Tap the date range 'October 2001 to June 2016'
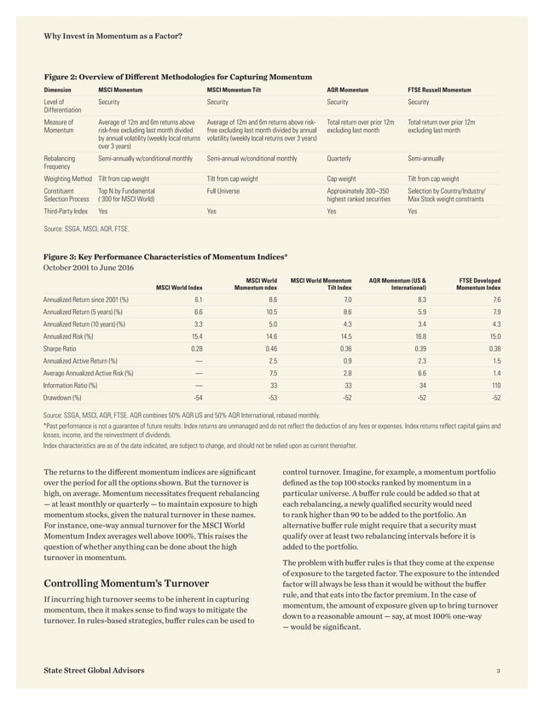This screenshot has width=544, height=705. pyautogui.click(x=90, y=267)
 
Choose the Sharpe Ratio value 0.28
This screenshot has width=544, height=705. pyautogui.click(x=196, y=349)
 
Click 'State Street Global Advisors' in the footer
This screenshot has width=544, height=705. pyautogui.click(x=94, y=672)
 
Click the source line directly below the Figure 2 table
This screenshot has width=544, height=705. pyautogui.click(x=87, y=229)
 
